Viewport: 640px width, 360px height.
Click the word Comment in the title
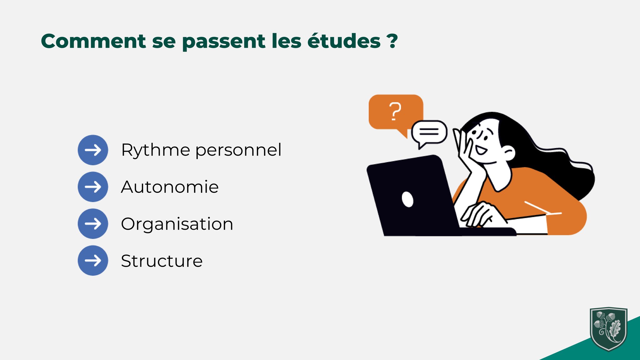[93, 41]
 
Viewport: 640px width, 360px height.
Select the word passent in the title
[224, 42]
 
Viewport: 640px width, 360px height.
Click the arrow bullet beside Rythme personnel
[93, 150]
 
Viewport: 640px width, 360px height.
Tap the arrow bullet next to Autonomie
[93, 187]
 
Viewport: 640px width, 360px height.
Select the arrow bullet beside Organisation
[93, 224]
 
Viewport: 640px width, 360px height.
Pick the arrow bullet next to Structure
[93, 261]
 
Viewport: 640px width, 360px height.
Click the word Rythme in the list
[156, 151]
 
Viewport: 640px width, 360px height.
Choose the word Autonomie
[170, 187]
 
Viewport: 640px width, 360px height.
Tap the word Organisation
[177, 224]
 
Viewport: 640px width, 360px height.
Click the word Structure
[162, 261]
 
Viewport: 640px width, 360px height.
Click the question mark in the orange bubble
[395, 112]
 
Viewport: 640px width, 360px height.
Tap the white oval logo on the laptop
[407, 199]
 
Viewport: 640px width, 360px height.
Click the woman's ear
[508, 153]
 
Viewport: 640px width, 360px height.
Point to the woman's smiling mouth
[482, 150]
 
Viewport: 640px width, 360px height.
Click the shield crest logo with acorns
[608, 329]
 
